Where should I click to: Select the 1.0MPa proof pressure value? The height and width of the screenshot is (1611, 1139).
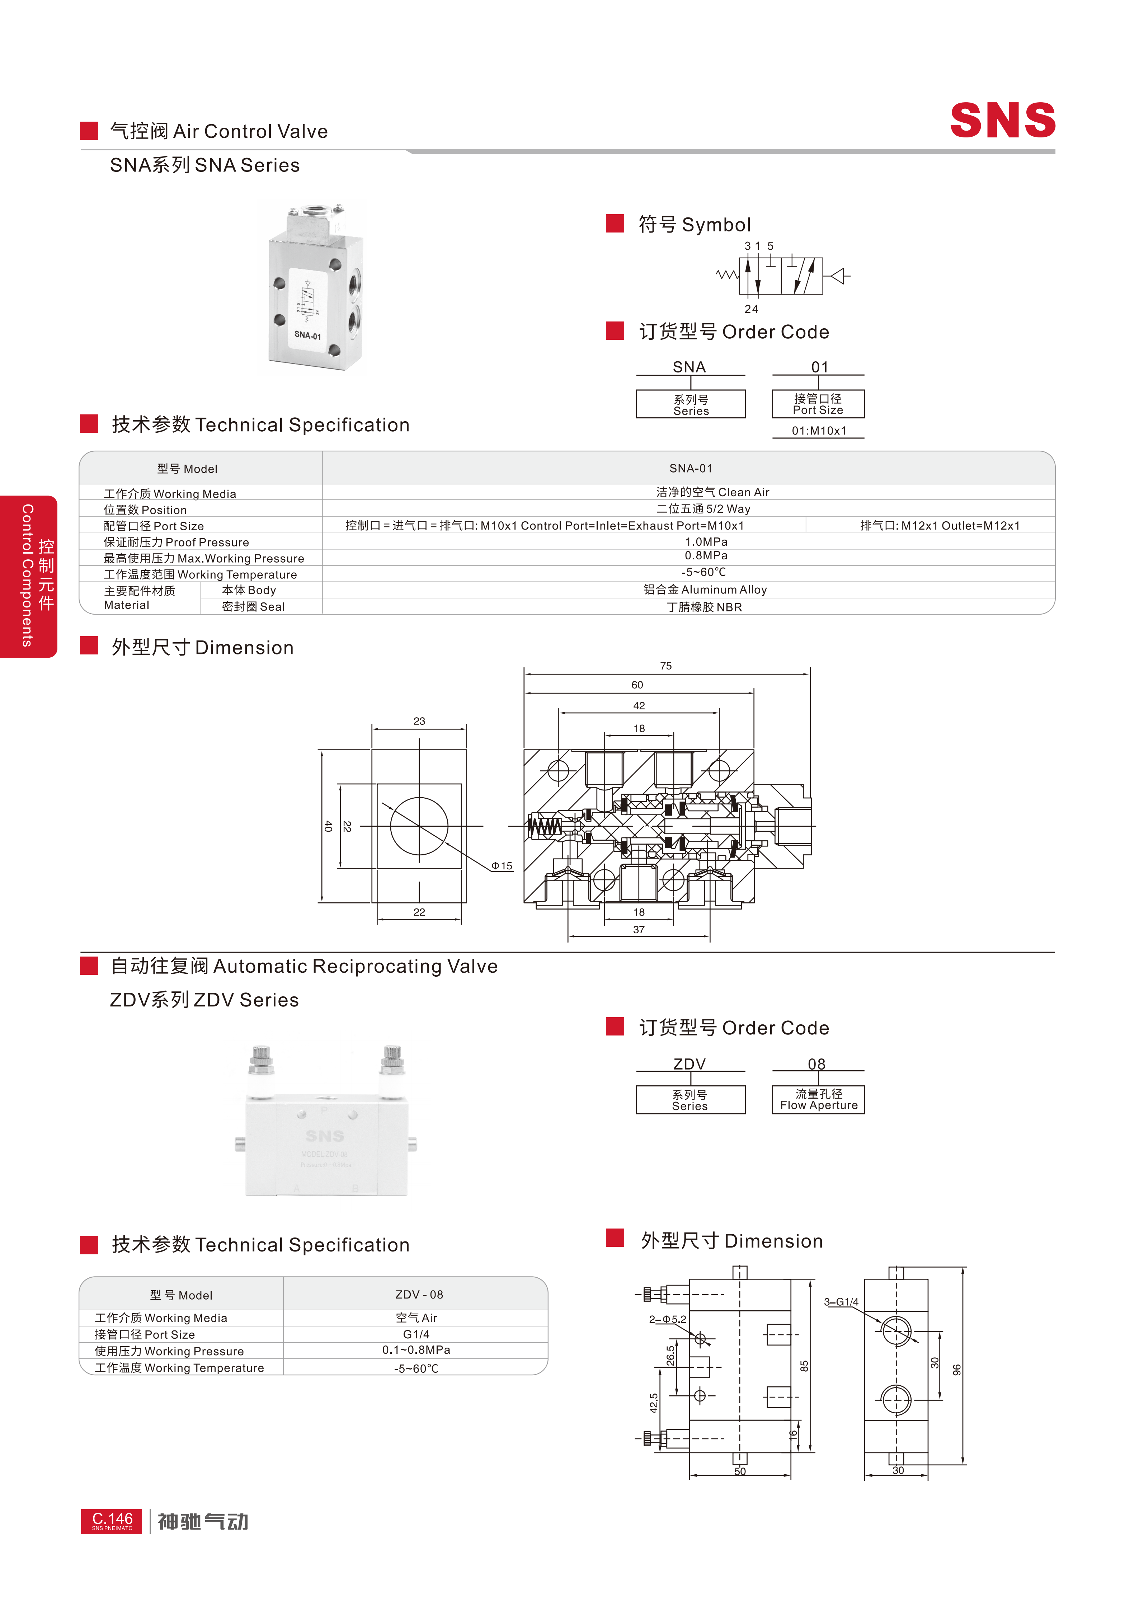point(706,542)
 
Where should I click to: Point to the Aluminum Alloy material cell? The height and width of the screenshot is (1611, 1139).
point(705,590)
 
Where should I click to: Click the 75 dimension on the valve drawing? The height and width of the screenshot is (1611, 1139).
point(665,666)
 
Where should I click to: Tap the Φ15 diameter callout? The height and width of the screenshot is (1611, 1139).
point(502,866)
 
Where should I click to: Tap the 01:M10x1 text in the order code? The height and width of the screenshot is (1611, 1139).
point(819,431)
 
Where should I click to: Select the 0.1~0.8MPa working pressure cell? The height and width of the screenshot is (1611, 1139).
point(416,1350)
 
